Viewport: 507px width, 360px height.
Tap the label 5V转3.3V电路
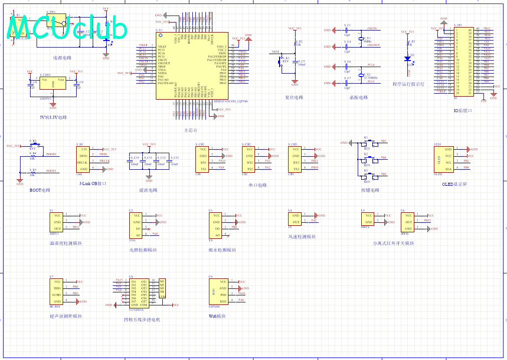(53, 117)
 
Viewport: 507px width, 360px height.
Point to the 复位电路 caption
(294, 97)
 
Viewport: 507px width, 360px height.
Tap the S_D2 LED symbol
(408, 58)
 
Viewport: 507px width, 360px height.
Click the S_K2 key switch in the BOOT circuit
(33, 146)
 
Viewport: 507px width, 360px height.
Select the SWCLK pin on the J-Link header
(82, 162)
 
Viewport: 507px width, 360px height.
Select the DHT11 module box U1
(57, 222)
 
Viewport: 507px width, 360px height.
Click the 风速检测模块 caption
(302, 237)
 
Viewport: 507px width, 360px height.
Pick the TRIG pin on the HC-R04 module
(57, 288)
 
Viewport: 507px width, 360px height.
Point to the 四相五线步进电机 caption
(142, 319)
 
